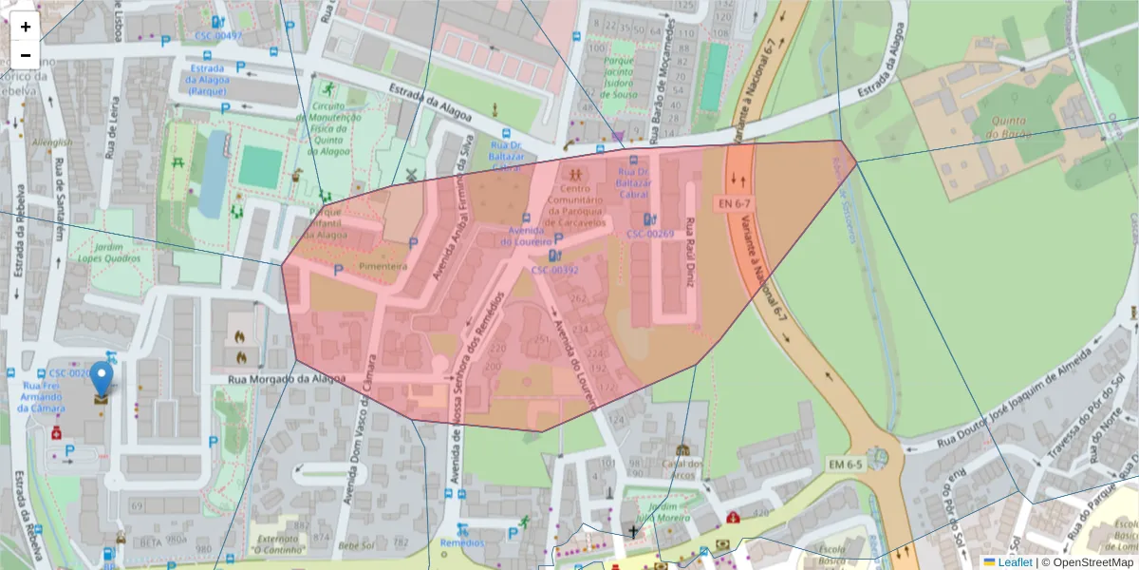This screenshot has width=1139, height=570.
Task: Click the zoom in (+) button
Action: (x=26, y=27)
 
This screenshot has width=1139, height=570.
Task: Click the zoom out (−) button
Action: (x=26, y=55)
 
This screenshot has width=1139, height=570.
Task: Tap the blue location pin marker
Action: (x=101, y=380)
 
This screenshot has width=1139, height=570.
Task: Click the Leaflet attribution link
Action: (x=1014, y=562)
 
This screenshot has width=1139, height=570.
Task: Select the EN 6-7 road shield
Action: (x=734, y=204)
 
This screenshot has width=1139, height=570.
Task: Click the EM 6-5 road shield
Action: (x=844, y=465)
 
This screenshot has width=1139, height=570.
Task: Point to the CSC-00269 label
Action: (x=650, y=234)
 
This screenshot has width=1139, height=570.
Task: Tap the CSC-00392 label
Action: (x=555, y=270)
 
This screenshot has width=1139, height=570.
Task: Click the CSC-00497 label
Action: (x=218, y=36)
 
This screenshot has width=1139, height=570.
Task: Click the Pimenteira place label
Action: (x=383, y=267)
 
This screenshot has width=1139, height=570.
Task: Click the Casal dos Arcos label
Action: (x=682, y=468)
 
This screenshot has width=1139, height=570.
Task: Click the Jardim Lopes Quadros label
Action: (x=96, y=251)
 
